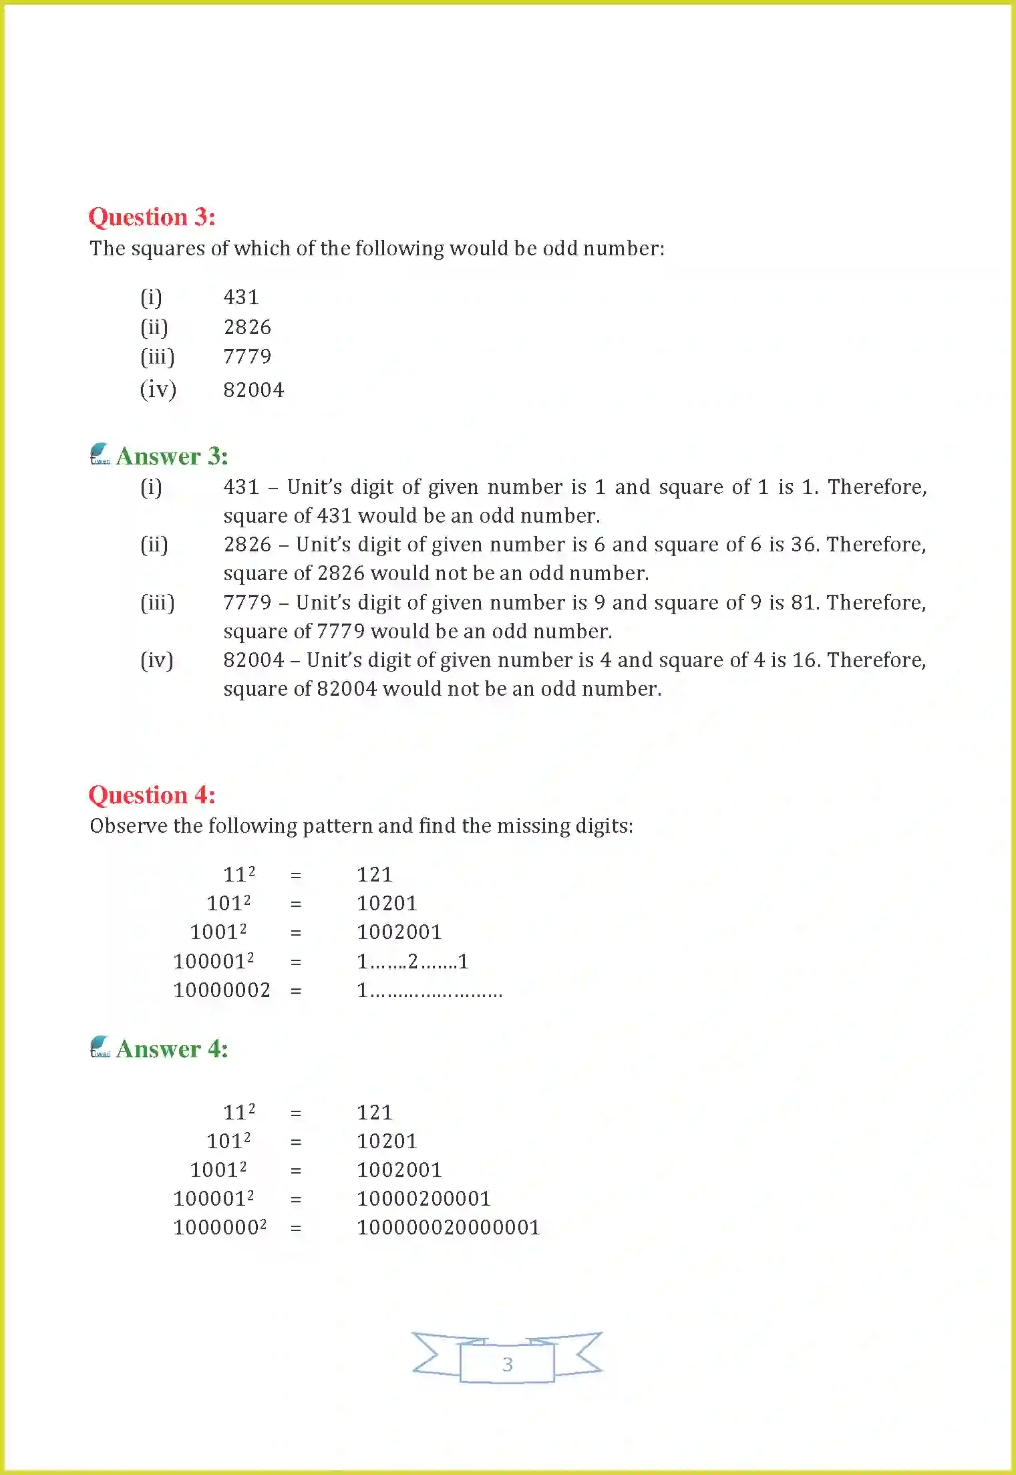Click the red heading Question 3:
[152, 217]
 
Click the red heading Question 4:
[152, 795]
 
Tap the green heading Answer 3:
[172, 456]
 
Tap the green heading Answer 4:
[172, 1049]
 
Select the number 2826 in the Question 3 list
[247, 327]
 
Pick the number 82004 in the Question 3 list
[253, 390]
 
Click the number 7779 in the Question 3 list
[247, 357]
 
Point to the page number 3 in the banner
[507, 1364]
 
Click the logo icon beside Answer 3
[100, 454]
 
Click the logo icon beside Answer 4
[100, 1047]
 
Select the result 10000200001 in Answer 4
[424, 1198]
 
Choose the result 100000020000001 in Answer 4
[448, 1227]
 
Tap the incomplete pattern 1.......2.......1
[412, 962]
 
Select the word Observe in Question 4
[128, 826]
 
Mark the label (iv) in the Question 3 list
[158, 390]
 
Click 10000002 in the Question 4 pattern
[222, 990]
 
